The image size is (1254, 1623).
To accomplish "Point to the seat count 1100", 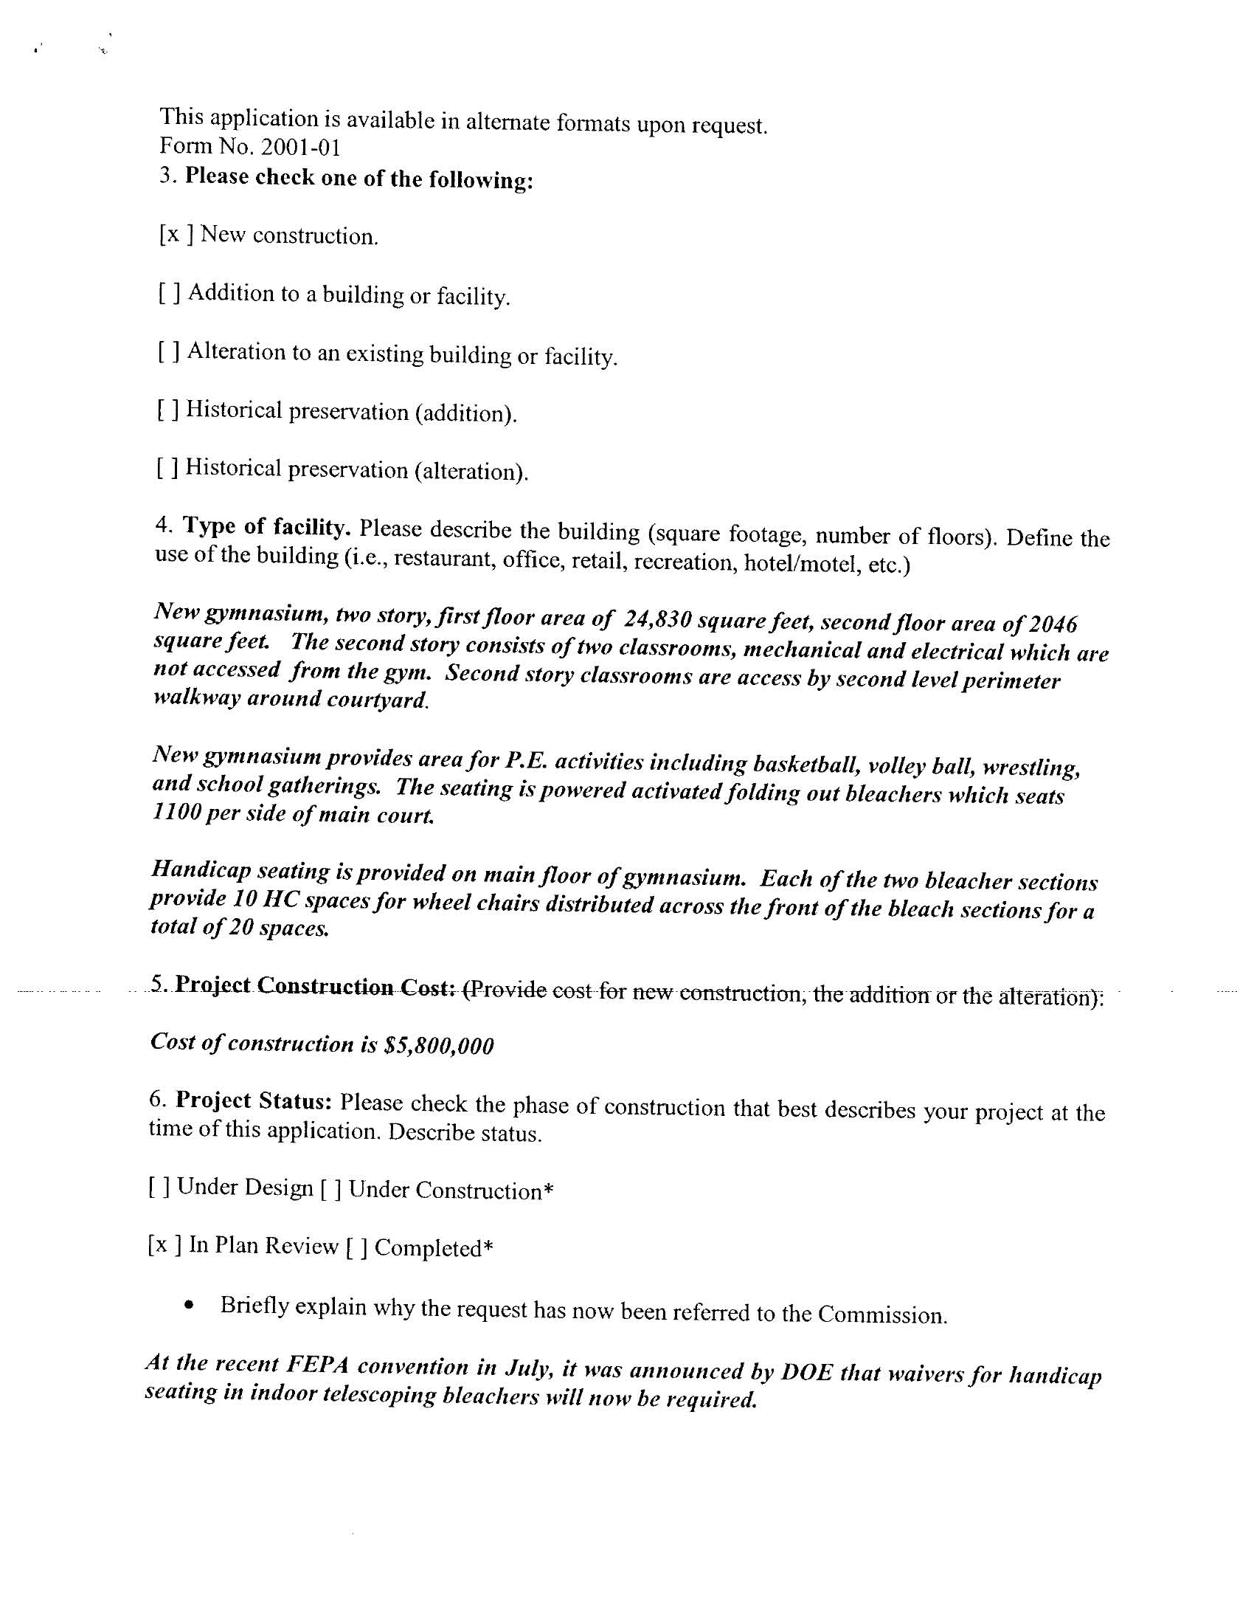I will point(176,813).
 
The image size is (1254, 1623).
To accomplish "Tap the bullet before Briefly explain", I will point(192,1305).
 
